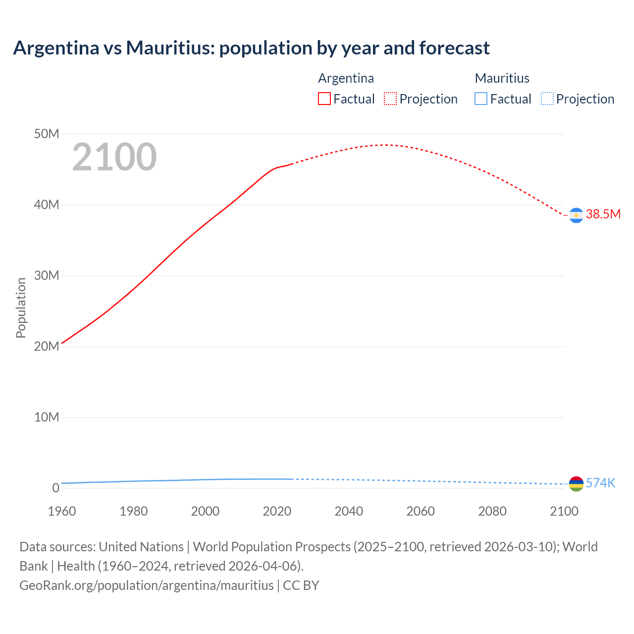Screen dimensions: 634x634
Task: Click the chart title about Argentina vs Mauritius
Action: [x=251, y=48]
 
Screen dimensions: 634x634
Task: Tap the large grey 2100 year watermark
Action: [x=114, y=157]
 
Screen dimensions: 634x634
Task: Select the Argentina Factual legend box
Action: [x=324, y=99]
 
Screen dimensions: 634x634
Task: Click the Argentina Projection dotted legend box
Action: [x=390, y=99]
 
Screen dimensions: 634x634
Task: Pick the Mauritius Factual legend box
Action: [x=481, y=99]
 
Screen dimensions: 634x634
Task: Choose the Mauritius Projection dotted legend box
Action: [x=547, y=99]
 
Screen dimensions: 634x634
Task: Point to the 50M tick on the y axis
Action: [x=47, y=134]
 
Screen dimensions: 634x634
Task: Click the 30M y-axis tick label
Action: [x=47, y=275]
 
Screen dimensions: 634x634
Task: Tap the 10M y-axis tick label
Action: [x=47, y=417]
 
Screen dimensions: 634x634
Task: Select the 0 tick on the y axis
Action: [x=55, y=488]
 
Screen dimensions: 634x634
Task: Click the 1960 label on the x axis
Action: [x=62, y=511]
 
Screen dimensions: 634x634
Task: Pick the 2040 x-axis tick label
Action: [x=349, y=511]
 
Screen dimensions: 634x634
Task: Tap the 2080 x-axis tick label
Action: [x=492, y=511]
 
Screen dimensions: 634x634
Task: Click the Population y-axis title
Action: [x=21, y=308]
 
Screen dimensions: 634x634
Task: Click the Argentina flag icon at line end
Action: [x=576, y=215]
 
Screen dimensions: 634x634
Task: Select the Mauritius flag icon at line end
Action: [x=576, y=484]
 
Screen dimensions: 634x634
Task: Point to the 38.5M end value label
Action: [x=603, y=214]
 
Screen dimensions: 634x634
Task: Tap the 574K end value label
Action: [x=600, y=483]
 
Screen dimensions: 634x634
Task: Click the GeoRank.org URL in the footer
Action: [x=147, y=585]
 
